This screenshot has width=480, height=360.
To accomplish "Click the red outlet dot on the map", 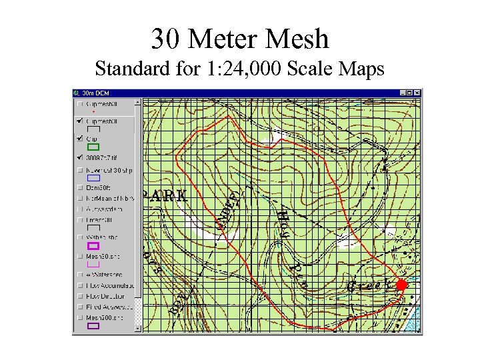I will pyautogui.click(x=401, y=285).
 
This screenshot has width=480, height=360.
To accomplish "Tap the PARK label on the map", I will pyautogui.click(x=164, y=196).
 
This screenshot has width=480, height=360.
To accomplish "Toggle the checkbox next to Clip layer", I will pyautogui.click(x=81, y=138).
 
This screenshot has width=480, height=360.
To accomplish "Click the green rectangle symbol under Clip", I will pyautogui.click(x=93, y=147).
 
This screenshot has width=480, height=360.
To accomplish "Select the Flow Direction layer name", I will pyautogui.click(x=110, y=296).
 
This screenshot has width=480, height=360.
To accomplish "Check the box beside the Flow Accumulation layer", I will pyautogui.click(x=81, y=286).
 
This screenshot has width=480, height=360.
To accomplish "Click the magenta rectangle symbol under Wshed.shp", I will pyautogui.click(x=93, y=246).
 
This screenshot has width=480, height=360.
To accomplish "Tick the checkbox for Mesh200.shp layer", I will pyautogui.click(x=81, y=318).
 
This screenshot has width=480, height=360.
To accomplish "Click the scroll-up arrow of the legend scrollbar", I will pyautogui.click(x=139, y=103).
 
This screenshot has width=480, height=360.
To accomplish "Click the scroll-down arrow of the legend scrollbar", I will pyautogui.click(x=139, y=327).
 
